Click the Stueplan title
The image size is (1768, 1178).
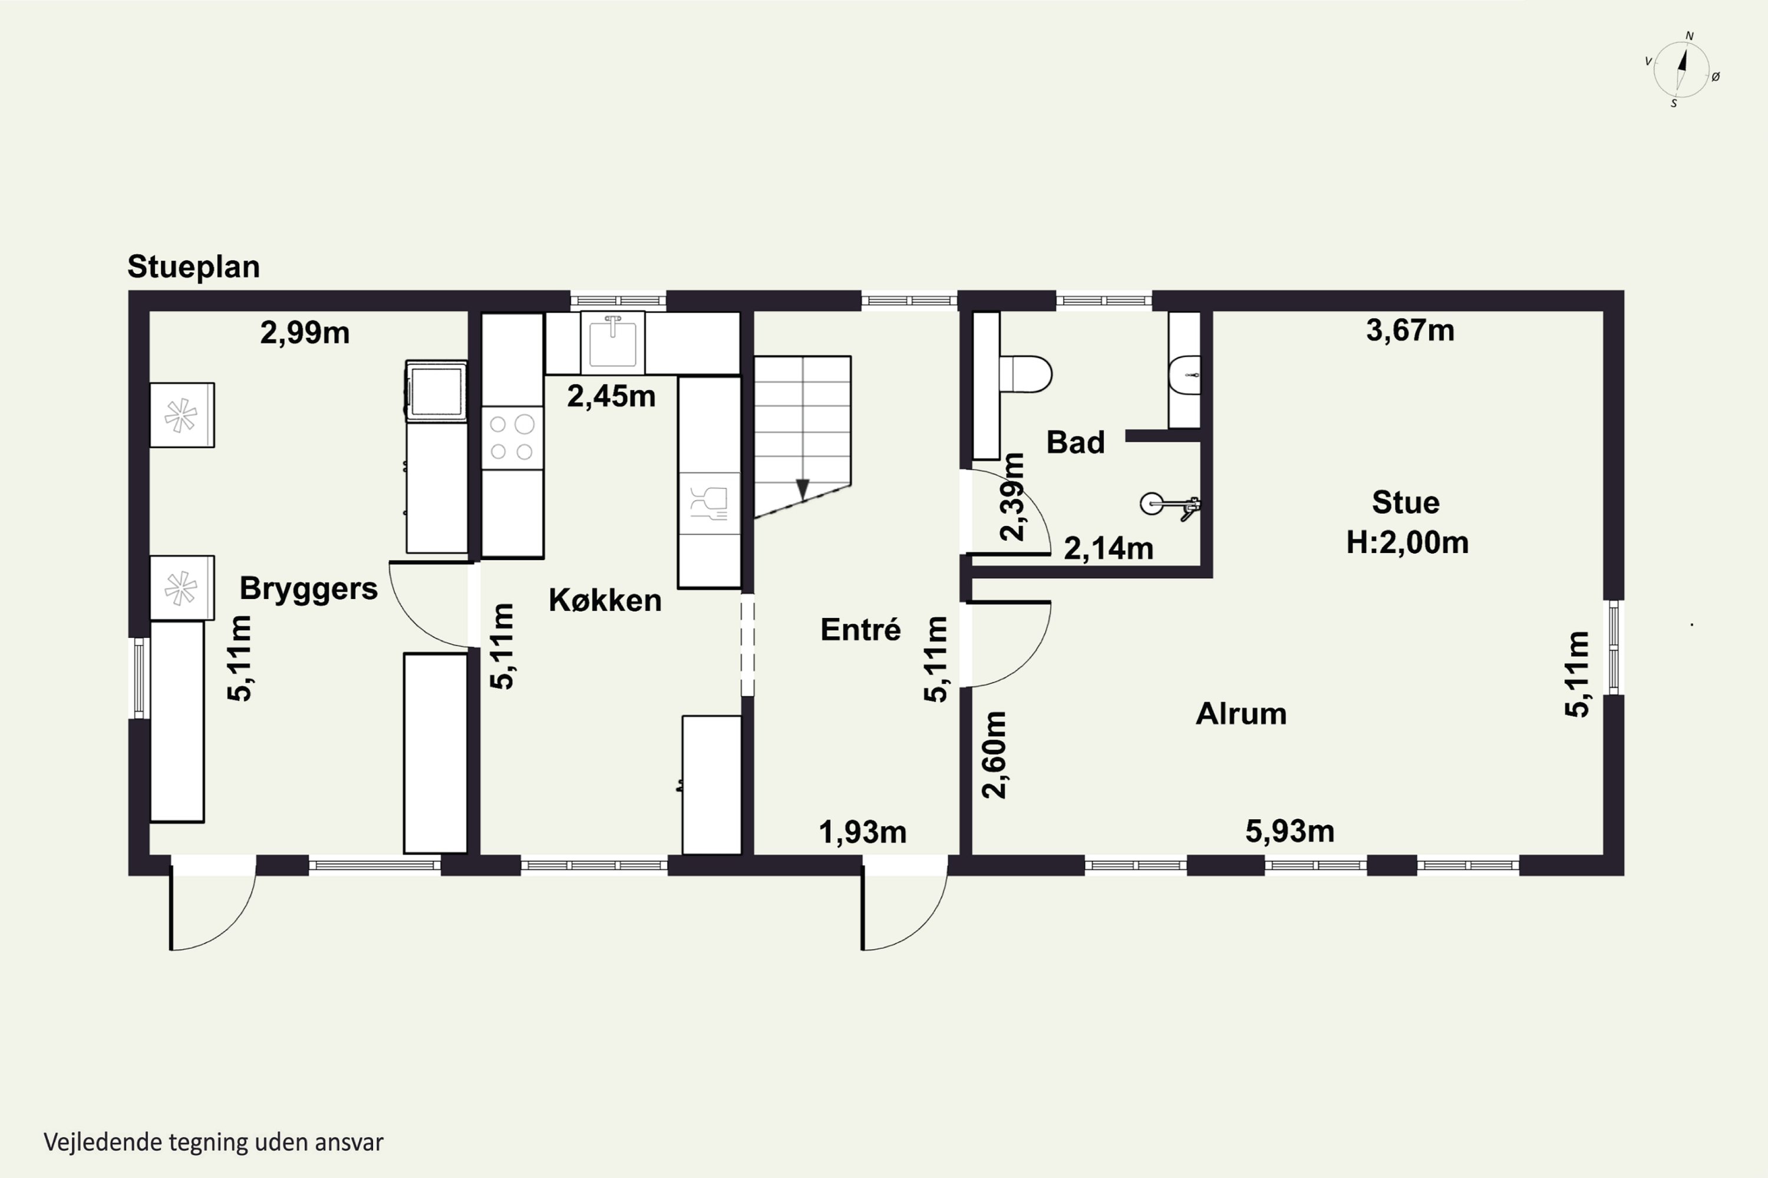193,267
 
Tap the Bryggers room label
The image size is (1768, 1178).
308,589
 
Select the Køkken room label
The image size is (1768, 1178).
605,600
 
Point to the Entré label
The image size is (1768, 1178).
860,630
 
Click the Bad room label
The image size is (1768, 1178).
1076,442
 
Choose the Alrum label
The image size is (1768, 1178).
1241,714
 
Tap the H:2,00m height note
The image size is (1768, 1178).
1407,542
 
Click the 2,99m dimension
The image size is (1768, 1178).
305,333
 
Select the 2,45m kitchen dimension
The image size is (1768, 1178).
611,396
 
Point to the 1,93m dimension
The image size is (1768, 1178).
862,832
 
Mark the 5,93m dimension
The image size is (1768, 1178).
1290,832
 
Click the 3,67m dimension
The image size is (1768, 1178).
1410,330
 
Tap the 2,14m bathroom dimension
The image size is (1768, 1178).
1109,549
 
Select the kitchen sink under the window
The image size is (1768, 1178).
613,343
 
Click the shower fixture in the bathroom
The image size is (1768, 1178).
1170,505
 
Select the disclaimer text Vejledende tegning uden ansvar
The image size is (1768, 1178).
213,1143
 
